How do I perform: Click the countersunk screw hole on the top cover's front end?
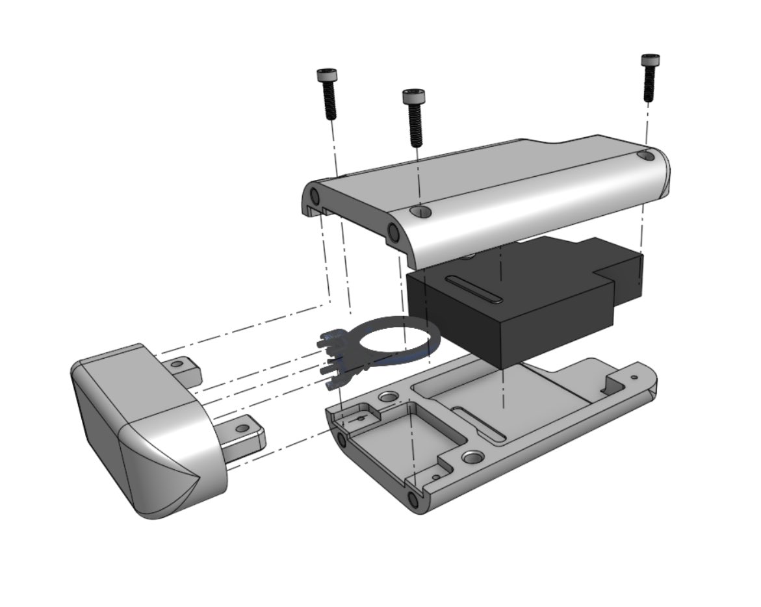pyautogui.click(x=420, y=211)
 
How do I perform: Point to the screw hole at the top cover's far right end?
pyautogui.click(x=645, y=155)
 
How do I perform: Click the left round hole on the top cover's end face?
pyautogui.click(x=315, y=196)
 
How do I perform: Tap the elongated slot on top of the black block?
pyautogui.click(x=473, y=290)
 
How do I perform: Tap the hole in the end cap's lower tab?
pyautogui.click(x=242, y=428)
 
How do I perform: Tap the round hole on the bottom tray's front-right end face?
pyautogui.click(x=413, y=499)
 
